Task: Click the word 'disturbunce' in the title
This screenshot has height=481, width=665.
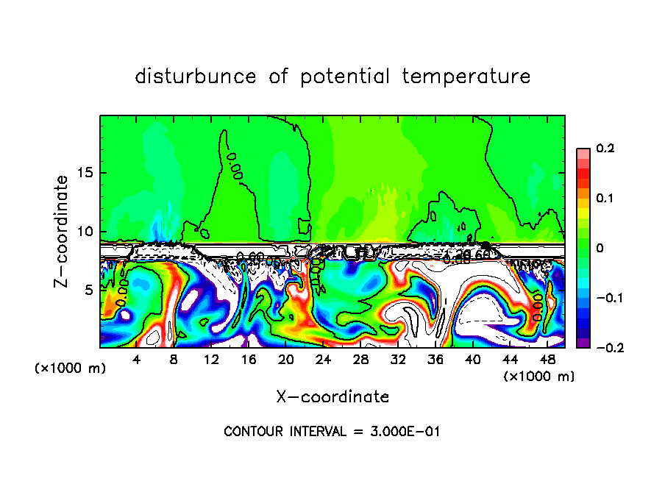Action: (x=196, y=76)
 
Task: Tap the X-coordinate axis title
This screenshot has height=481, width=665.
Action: (x=332, y=397)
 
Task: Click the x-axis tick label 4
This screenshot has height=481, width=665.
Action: (x=137, y=360)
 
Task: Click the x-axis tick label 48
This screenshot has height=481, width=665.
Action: (x=547, y=360)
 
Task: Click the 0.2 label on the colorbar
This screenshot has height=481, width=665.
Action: (x=604, y=149)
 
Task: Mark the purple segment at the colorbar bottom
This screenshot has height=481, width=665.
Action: (x=583, y=343)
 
